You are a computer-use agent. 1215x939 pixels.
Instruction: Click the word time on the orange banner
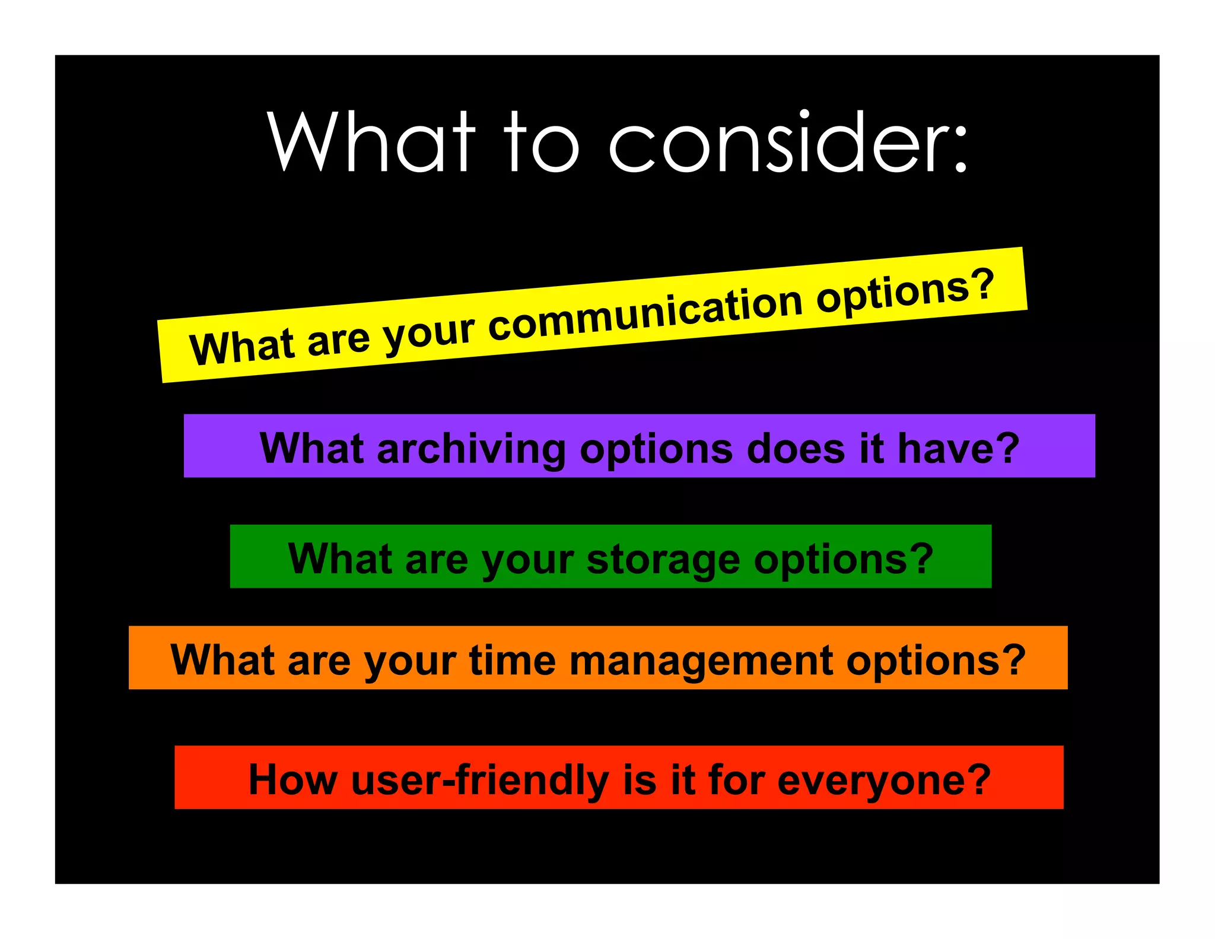click(513, 660)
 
